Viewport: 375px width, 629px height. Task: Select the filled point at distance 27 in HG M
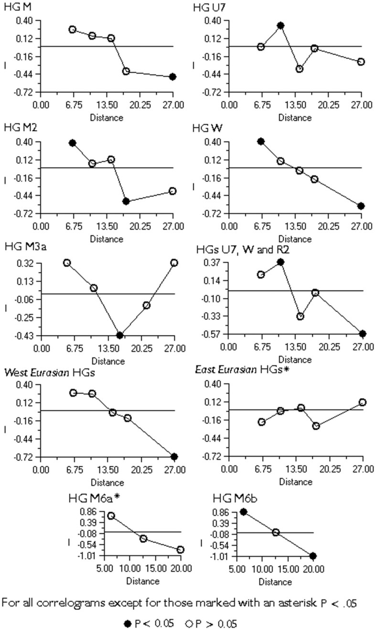point(173,77)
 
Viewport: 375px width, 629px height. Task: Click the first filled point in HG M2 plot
point(73,143)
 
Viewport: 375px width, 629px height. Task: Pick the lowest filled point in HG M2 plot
point(126,201)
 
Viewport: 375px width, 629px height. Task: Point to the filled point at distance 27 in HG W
point(361,206)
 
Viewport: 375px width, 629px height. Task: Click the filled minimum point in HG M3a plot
point(119,335)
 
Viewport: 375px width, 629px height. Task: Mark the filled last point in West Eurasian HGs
point(174,456)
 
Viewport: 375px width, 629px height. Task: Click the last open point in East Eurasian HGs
point(363,402)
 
